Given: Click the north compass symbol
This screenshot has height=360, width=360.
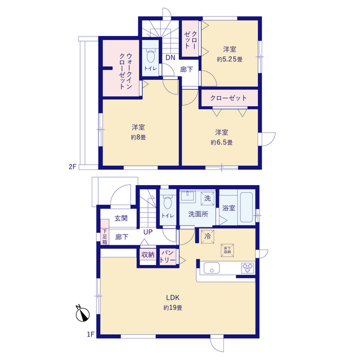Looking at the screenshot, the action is (83, 314).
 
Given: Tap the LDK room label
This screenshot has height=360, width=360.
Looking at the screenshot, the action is (173, 298).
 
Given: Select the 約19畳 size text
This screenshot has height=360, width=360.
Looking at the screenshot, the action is (173, 308).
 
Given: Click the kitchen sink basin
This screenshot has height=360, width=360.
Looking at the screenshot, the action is (211, 268).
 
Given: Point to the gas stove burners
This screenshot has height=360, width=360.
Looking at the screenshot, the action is (247, 268).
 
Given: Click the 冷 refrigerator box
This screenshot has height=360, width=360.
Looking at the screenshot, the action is (208, 236).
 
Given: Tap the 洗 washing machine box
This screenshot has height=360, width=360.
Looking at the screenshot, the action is (208, 198).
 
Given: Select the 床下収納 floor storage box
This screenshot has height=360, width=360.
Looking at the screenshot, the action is (227, 250).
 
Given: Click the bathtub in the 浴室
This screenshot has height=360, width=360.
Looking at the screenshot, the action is (246, 208).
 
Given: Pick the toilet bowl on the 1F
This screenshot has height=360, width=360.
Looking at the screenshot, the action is (168, 202).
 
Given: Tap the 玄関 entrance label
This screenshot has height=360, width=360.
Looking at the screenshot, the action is (121, 218).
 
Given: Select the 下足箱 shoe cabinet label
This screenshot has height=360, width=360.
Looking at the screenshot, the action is (105, 236).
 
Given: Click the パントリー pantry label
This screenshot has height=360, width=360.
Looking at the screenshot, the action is (168, 256).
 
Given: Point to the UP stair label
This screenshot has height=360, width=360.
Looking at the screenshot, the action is (148, 232).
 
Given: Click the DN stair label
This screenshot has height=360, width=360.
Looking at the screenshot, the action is (170, 57).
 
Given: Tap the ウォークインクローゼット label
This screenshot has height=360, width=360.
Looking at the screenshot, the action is (125, 71).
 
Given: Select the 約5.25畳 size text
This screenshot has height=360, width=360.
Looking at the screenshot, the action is (229, 59).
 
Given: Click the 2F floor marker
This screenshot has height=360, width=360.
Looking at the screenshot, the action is (73, 166).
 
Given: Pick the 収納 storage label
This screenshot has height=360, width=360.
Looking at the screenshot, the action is (148, 255).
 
